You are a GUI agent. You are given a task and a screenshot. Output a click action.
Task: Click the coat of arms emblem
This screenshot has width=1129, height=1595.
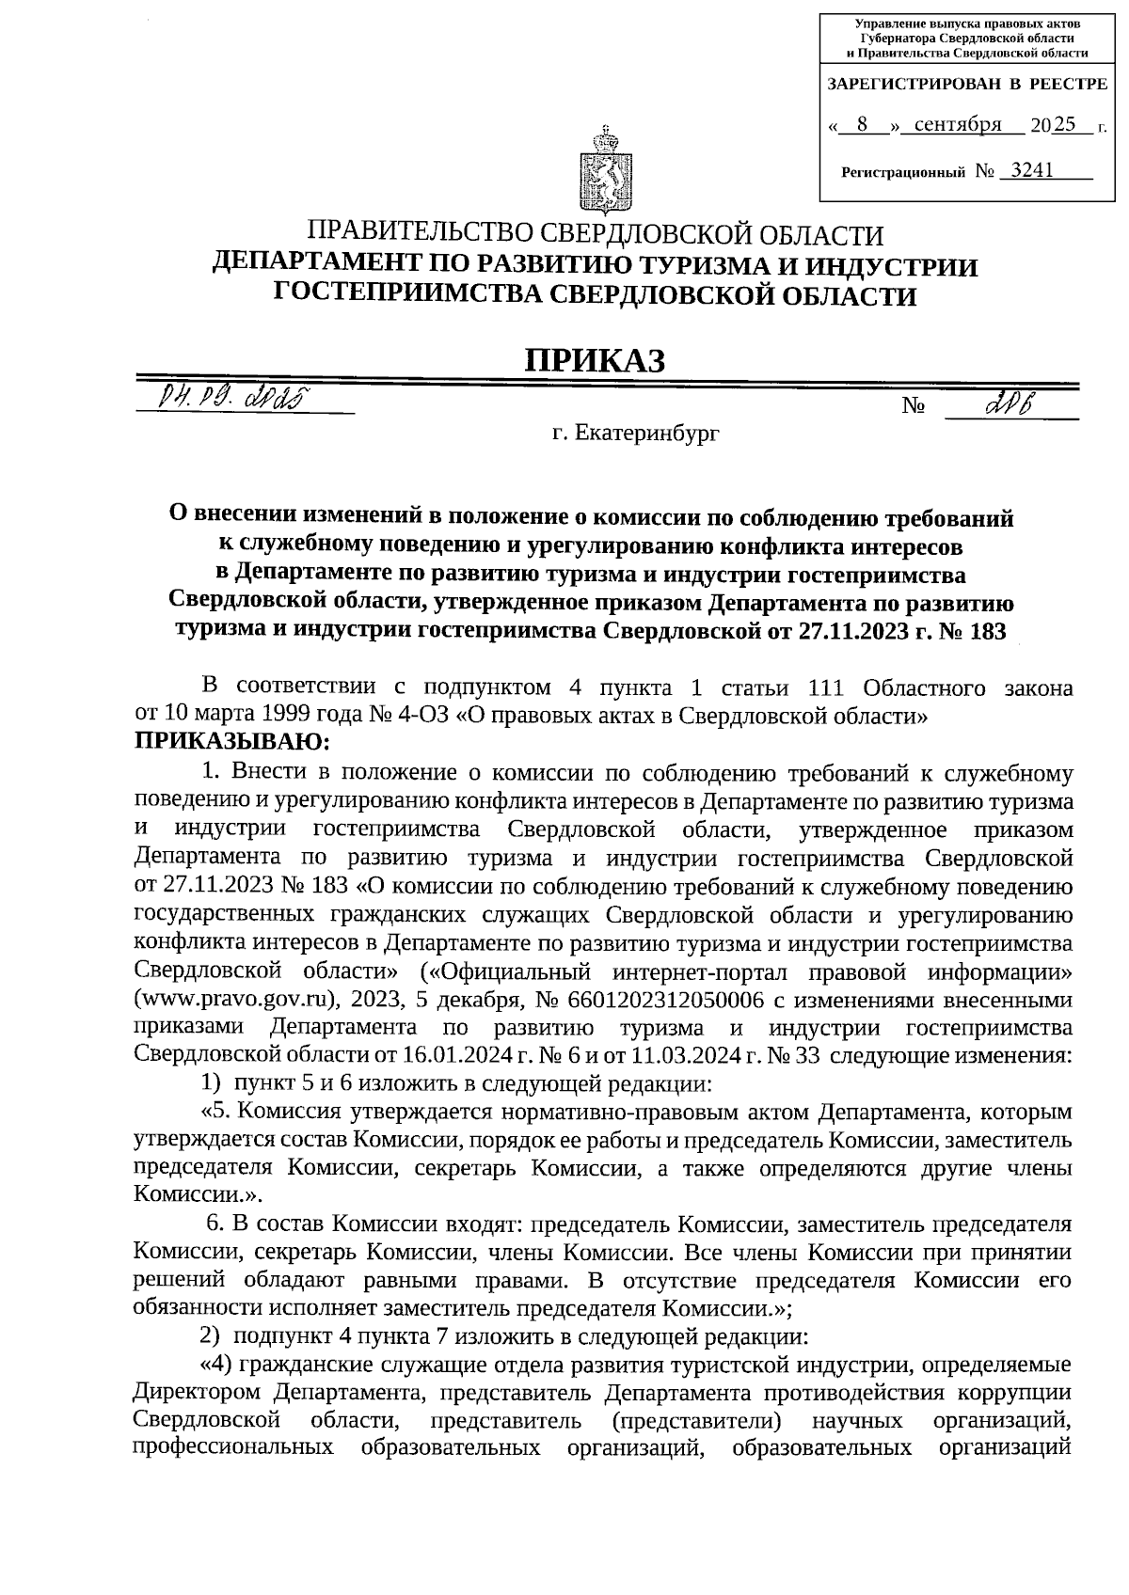click(597, 171)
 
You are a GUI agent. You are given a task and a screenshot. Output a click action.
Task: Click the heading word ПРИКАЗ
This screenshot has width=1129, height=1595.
click(595, 359)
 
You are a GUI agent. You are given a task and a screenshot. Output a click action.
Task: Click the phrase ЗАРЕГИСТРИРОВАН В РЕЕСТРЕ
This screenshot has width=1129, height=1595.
click(966, 85)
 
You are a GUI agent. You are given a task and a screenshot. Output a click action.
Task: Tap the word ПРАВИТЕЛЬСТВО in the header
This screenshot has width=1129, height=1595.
click(422, 233)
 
